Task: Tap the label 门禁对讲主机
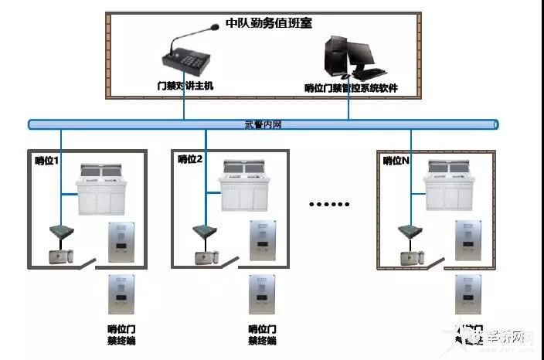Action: (x=184, y=86)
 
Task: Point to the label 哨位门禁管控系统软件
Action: (x=351, y=88)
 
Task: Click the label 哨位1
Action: (x=47, y=160)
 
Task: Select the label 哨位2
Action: (x=190, y=159)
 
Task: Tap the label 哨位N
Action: (x=396, y=160)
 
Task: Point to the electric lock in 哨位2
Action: (x=205, y=257)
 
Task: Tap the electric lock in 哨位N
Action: (x=410, y=257)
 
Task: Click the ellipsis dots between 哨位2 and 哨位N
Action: (x=329, y=204)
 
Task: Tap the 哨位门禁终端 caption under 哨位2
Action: (x=262, y=334)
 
